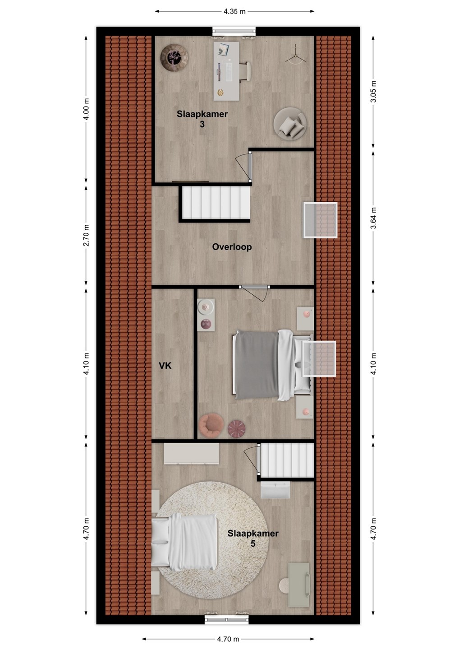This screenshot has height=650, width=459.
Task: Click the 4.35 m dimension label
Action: point(234,11)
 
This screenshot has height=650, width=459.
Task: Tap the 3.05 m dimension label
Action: point(373,91)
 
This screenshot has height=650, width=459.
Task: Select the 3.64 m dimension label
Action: point(373,218)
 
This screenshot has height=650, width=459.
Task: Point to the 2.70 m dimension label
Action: point(86,235)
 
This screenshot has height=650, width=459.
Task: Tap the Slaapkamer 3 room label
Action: point(202,119)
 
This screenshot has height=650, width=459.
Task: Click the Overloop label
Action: point(232,247)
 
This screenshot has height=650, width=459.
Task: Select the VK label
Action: point(165,366)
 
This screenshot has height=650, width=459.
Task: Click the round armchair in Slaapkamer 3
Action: point(290,124)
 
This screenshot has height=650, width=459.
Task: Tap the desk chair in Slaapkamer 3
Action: point(245,71)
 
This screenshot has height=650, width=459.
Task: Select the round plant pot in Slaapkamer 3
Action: point(174,57)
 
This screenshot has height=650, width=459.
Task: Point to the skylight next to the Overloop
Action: point(321,220)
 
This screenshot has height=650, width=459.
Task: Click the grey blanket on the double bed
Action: point(255,364)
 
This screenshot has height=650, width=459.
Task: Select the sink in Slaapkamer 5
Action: point(275,490)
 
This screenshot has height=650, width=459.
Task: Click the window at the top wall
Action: point(234,31)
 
